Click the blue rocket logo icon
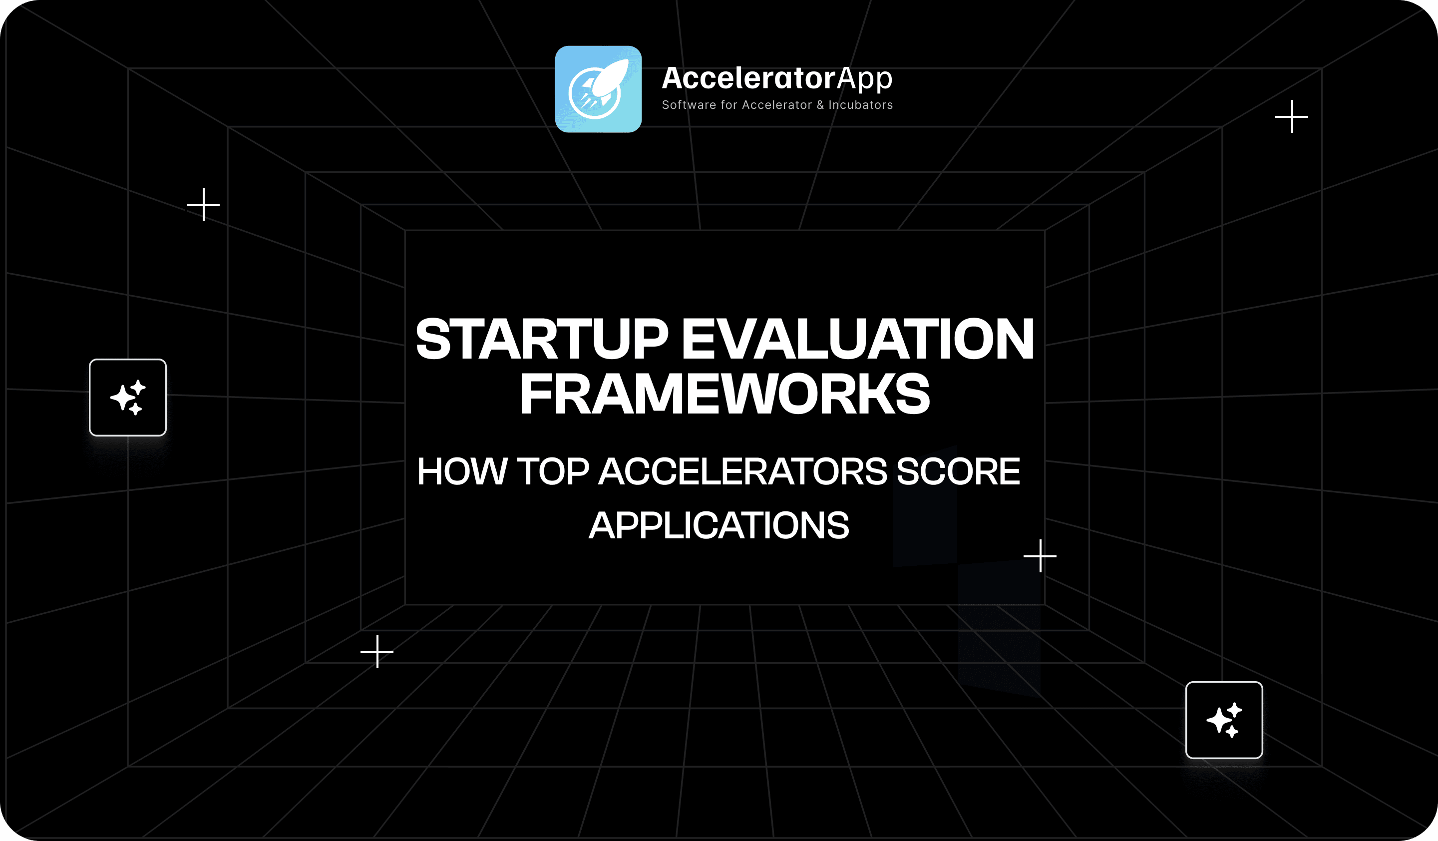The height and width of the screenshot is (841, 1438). [598, 89]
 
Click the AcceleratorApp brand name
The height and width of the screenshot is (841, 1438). [776, 78]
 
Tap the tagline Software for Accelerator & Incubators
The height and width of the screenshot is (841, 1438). [777, 105]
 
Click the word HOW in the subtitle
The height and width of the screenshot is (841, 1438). [462, 471]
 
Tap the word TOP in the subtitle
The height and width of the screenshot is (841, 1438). [552, 471]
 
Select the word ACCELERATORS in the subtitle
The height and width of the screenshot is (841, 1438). [742, 471]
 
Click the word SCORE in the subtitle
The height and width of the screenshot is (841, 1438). [958, 471]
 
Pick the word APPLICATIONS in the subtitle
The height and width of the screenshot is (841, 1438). [719, 525]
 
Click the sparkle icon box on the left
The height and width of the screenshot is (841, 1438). [128, 397]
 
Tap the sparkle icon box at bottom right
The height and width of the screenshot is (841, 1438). [1224, 720]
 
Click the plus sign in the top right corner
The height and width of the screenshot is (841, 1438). [1292, 116]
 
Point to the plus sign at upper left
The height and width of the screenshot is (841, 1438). [203, 204]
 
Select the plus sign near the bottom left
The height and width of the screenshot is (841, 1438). [377, 652]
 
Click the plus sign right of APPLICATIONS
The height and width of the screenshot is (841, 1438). [1040, 556]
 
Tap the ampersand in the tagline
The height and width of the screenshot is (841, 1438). [820, 105]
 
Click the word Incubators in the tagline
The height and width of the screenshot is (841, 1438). [860, 105]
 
